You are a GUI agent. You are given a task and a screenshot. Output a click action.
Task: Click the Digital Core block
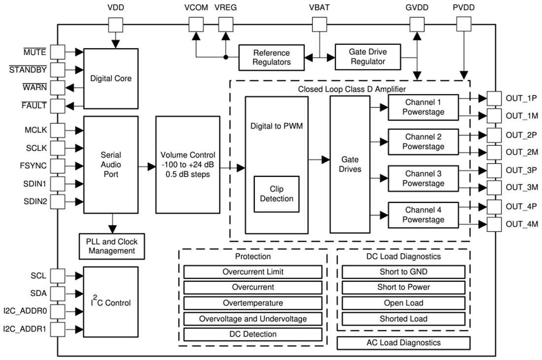coord(111,78)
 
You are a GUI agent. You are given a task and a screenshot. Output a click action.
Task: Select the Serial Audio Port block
coord(111,164)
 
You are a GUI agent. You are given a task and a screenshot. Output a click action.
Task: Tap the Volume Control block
coord(187,164)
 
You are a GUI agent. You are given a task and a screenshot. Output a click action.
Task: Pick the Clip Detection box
coord(276,194)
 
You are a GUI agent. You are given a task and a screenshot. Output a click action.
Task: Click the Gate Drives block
coord(349,164)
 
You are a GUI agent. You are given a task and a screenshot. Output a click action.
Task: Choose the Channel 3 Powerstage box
coord(423,179)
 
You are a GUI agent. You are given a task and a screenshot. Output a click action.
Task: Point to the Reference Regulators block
coord(271,58)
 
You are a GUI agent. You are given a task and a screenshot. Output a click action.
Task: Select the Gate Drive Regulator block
coord(367,56)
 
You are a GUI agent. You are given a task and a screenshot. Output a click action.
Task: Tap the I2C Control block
coord(111,302)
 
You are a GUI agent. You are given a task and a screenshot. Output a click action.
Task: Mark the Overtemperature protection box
coord(253,303)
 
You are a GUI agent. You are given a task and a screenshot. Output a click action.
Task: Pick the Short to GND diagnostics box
coord(403,272)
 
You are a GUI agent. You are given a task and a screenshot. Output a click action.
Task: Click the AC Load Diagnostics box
coord(403,343)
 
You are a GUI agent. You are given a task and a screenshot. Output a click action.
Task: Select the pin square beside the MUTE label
coord(58,51)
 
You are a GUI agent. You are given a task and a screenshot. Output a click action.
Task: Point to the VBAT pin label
coord(320,8)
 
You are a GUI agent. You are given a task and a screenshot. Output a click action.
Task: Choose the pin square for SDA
coord(58,294)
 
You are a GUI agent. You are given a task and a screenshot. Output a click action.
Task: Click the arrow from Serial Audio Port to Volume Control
coord(146,167)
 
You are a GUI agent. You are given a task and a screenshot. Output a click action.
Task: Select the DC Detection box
coord(253,334)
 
